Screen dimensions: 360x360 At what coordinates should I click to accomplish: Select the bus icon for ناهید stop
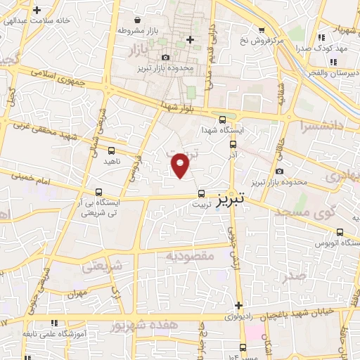[x=111, y=150]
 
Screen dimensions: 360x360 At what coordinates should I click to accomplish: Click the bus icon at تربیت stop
[x=202, y=192]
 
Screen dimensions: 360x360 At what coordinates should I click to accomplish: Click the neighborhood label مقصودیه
[x=190, y=256]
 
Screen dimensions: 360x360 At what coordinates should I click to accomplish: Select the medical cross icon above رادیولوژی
[x=239, y=304]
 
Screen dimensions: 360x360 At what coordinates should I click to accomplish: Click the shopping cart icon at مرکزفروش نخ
[x=262, y=30]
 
